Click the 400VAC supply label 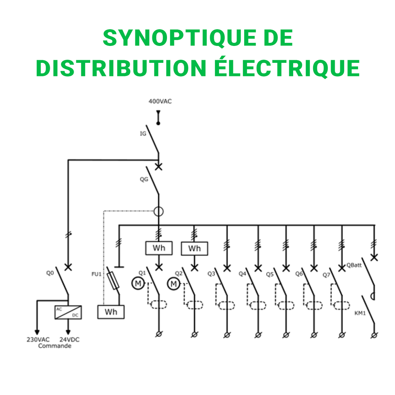click(x=160, y=101)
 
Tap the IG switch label click(x=143, y=134)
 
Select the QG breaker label click(x=144, y=179)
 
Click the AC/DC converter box click(x=68, y=312)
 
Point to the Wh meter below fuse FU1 click(x=111, y=312)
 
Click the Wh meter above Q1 click(x=159, y=248)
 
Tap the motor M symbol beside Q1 click(x=137, y=284)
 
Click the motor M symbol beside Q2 click(x=173, y=284)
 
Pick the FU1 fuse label click(x=96, y=274)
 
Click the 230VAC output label click(x=38, y=340)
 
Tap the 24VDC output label click(x=69, y=340)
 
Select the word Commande click(x=54, y=346)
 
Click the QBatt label click(x=354, y=265)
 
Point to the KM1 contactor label click(x=360, y=313)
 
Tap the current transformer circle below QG click(x=159, y=211)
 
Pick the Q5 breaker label click(x=270, y=274)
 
